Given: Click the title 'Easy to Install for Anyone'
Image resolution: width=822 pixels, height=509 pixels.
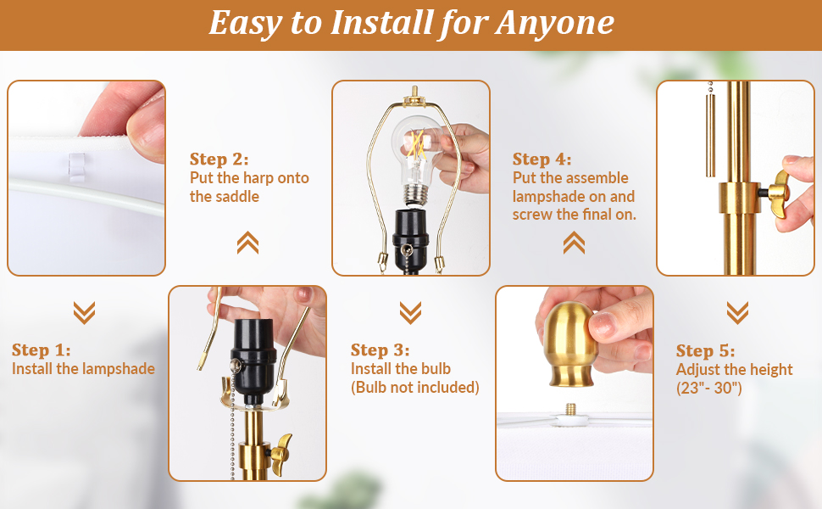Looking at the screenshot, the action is (412, 24).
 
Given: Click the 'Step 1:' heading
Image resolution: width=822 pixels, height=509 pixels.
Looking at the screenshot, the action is (41, 350).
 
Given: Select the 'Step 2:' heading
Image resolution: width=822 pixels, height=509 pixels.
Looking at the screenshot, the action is (219, 159).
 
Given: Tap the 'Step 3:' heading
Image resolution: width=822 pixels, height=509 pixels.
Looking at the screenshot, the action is (380, 350).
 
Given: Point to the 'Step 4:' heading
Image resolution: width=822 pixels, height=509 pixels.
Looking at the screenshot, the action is (542, 159).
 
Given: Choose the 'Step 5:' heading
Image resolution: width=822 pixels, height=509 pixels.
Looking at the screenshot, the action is (706, 350).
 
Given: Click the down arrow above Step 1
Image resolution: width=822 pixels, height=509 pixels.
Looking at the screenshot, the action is (85, 313).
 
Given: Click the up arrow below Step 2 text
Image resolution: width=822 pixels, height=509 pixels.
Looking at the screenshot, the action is (247, 243).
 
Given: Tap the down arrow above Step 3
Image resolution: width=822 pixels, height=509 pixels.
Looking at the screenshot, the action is (410, 313).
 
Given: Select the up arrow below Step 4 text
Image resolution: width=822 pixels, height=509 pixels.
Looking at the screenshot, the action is (574, 243).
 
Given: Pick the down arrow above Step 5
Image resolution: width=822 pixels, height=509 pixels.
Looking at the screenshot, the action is (737, 313).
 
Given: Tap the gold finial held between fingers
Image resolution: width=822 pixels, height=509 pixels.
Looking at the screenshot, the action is (569, 344).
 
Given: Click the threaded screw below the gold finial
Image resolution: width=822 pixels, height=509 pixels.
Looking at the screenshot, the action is (570, 409).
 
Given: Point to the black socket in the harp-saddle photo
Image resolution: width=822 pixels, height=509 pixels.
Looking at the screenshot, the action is (253, 355).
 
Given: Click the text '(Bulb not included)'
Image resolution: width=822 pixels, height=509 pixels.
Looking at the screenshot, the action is (415, 387).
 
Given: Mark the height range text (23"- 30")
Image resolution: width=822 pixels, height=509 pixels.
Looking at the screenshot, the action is (708, 388).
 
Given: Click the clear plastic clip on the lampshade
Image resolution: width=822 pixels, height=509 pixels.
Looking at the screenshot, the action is (76, 167).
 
